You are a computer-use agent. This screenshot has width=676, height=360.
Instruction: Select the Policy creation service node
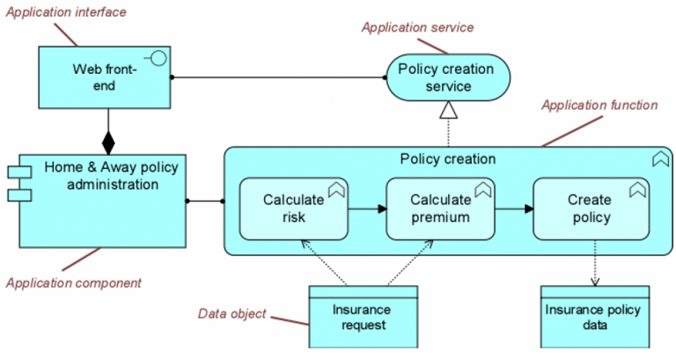pyautogui.click(x=448, y=77)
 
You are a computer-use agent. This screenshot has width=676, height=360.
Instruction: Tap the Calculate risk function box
pyautogui.click(x=293, y=209)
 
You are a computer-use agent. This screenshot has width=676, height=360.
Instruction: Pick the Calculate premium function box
pyautogui.click(x=439, y=209)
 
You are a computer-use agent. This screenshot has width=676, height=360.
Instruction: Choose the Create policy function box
pyautogui.click(x=589, y=209)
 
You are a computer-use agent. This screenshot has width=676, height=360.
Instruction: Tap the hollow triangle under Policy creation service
pyautogui.click(x=449, y=109)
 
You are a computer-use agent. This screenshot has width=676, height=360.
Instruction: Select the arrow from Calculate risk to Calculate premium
pyautogui.click(x=368, y=209)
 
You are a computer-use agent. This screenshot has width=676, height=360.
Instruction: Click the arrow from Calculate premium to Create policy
pyautogui.click(x=514, y=209)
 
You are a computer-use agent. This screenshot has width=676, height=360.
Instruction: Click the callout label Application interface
pyautogui.click(x=65, y=12)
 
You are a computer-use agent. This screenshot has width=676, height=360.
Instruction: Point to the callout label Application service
pyautogui.click(x=417, y=27)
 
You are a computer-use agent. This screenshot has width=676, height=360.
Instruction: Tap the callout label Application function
pyautogui.click(x=599, y=106)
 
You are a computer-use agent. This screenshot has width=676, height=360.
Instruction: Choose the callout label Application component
pyautogui.click(x=74, y=283)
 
